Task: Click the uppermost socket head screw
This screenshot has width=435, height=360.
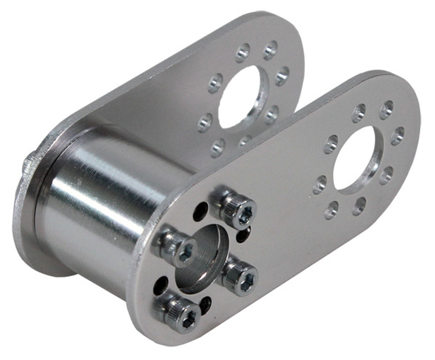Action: tap(238, 210)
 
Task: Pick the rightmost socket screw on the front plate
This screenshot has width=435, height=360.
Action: tap(241, 277)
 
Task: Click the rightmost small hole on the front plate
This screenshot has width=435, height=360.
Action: tap(397, 135)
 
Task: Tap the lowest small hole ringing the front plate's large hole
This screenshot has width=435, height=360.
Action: tap(332, 209)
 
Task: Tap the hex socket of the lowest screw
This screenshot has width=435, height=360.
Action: tap(189, 319)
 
